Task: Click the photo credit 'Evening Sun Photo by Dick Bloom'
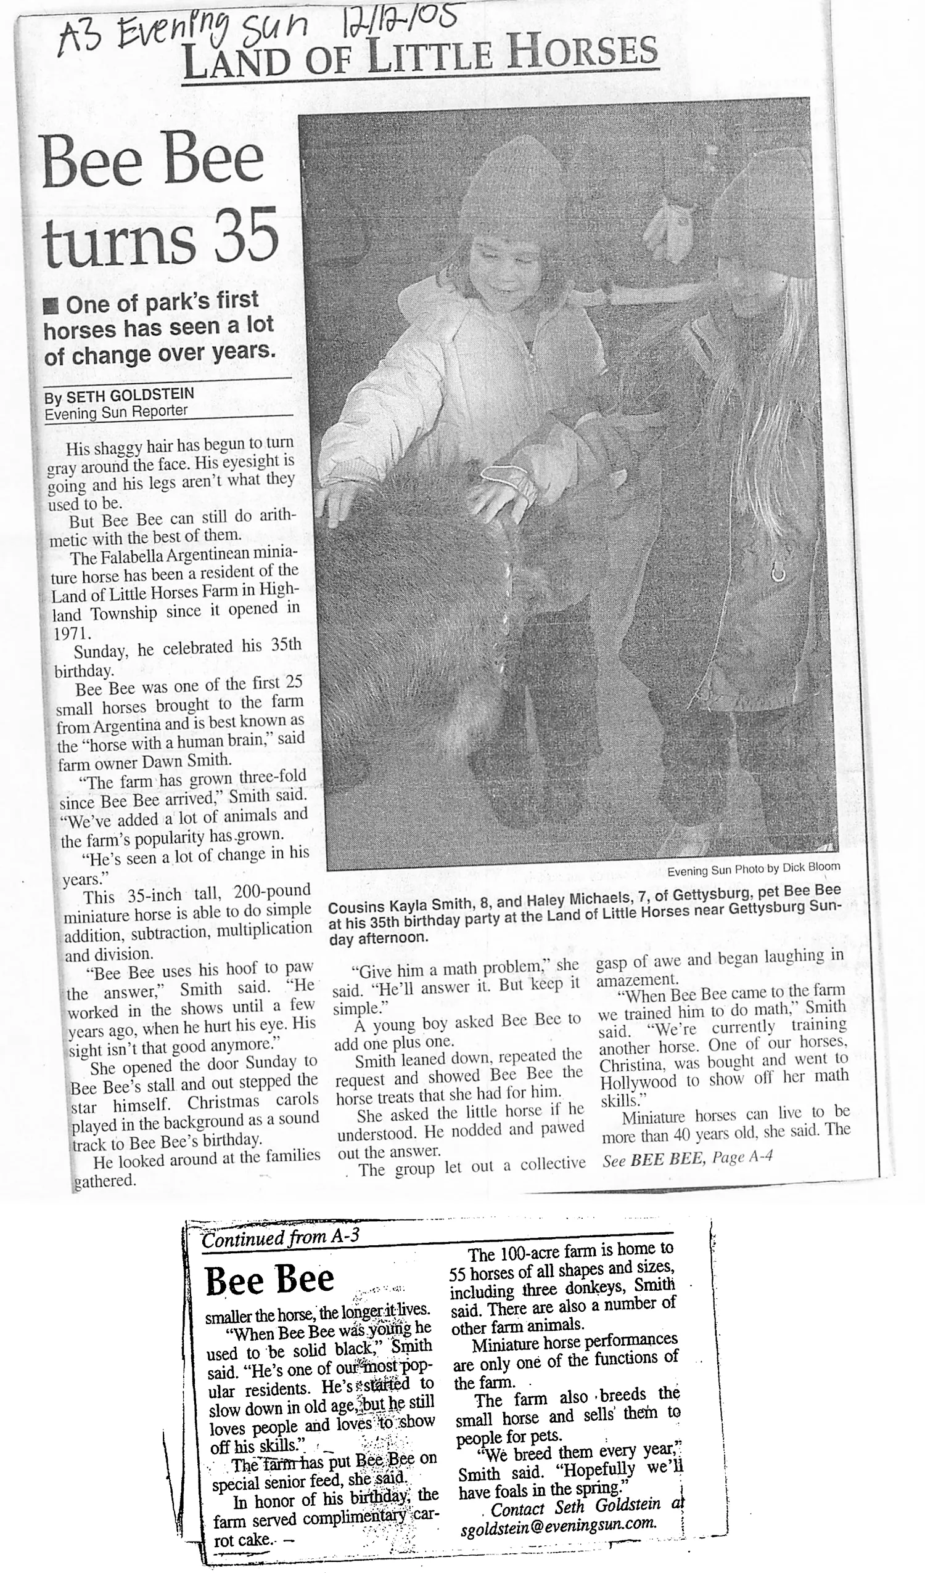point(753,868)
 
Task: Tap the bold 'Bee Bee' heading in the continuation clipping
point(269,1279)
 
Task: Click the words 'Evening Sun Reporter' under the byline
point(116,412)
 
